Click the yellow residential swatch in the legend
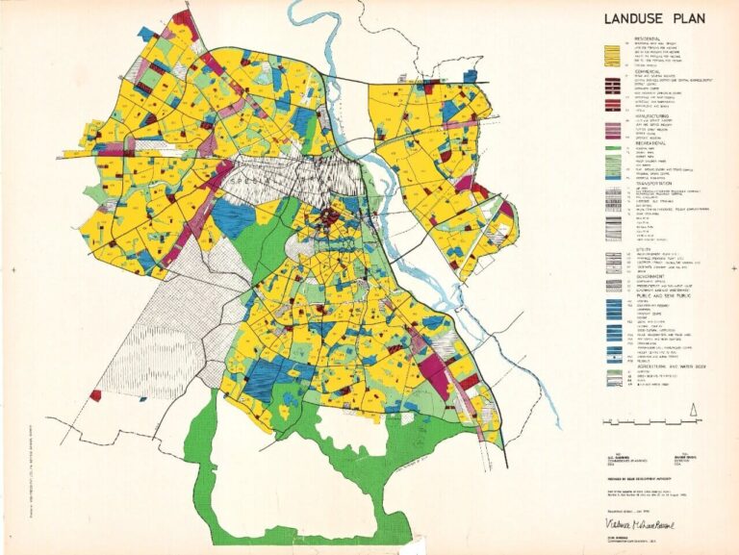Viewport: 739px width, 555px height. click(x=609, y=56)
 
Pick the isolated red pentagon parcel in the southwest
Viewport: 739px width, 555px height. click(x=95, y=394)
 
